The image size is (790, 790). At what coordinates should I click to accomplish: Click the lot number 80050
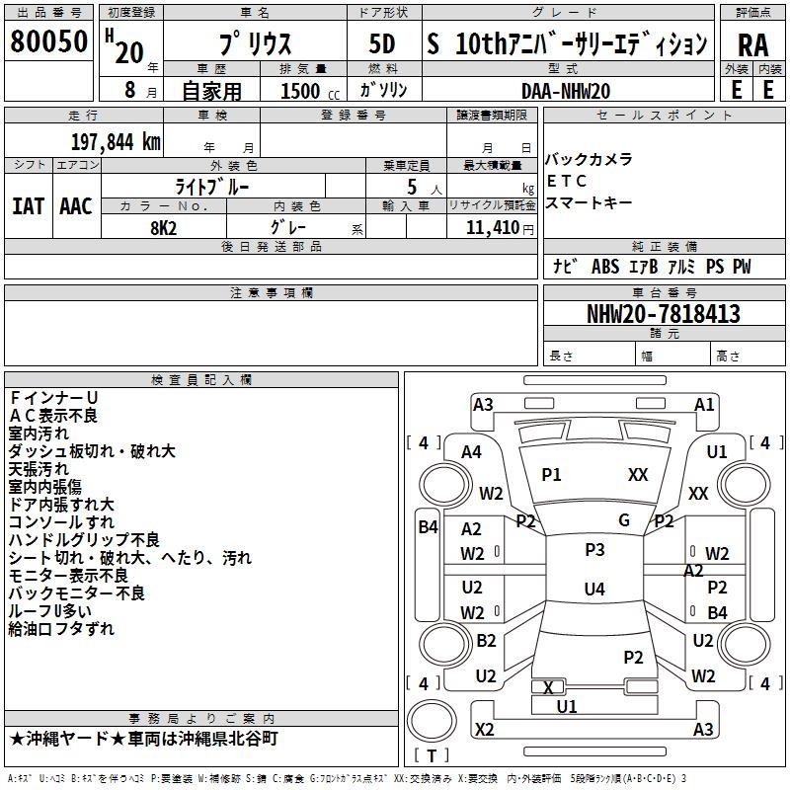coord(48,41)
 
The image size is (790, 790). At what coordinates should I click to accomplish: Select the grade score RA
coord(752,45)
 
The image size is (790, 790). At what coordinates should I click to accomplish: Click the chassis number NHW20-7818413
coord(663,314)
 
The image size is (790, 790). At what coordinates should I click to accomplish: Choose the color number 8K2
coord(163,227)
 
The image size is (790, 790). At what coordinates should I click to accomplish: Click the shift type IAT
coord(28,206)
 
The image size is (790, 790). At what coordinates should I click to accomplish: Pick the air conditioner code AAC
coord(76,206)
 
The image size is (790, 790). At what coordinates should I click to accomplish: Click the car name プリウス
coord(254,45)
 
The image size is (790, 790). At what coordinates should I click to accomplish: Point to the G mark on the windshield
coord(623,520)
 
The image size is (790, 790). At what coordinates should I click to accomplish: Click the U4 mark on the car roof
coord(593,590)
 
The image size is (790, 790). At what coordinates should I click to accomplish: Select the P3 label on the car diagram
coord(593,550)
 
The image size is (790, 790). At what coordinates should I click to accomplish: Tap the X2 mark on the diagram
coord(484,730)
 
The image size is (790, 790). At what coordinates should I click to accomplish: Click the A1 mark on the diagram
coord(703,404)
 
